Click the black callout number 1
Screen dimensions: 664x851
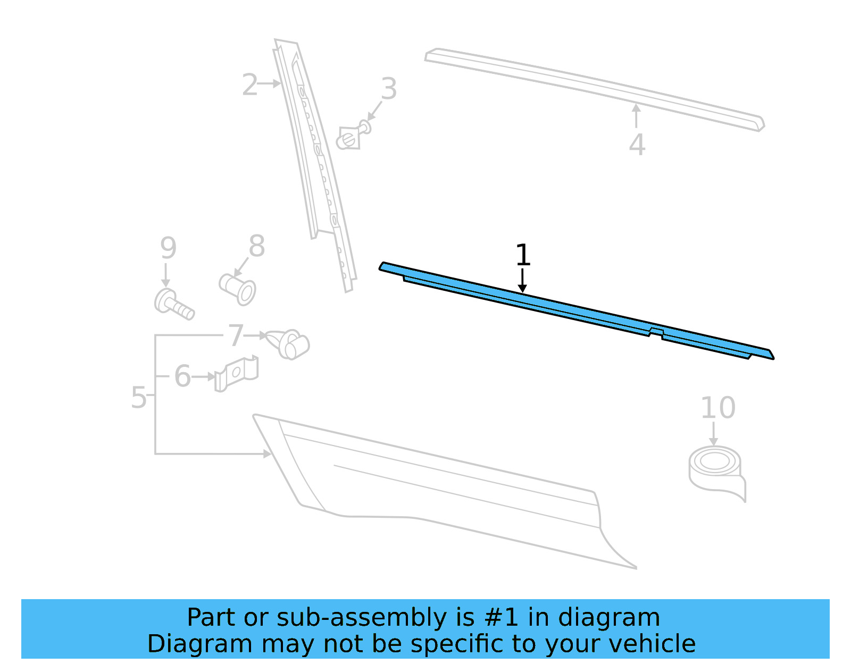(523, 256)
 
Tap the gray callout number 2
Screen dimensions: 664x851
(250, 85)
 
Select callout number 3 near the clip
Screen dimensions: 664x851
(389, 89)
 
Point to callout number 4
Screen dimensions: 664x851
(637, 145)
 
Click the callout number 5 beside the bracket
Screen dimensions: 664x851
(138, 398)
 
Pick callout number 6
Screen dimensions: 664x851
(182, 376)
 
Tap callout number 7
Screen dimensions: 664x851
(236, 336)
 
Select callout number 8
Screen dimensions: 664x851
(257, 247)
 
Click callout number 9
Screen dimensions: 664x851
(168, 248)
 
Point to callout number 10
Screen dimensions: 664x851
(717, 408)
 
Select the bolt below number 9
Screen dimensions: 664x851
(173, 305)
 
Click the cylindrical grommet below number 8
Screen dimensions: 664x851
(238, 289)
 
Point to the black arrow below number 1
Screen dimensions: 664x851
(522, 281)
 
